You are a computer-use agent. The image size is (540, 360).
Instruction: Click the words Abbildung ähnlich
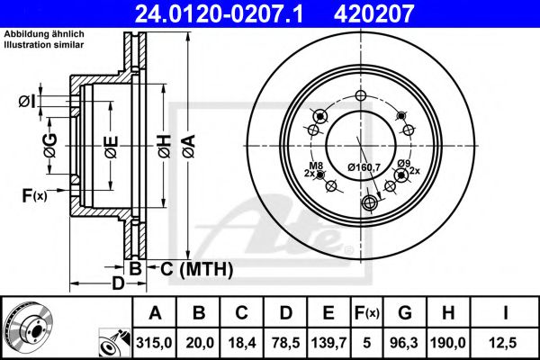click(x=44, y=33)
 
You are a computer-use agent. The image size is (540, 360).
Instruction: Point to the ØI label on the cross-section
click(x=27, y=103)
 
